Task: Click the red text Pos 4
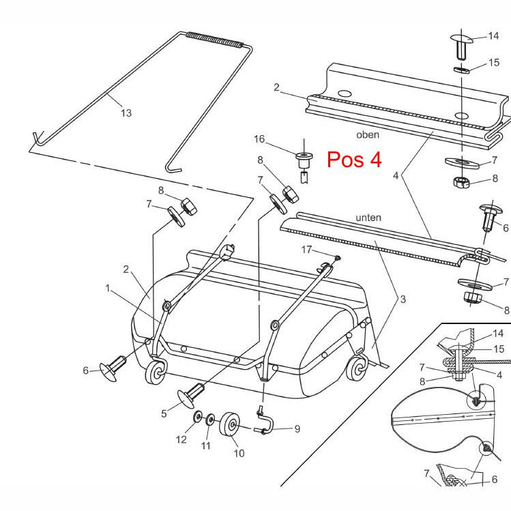tap(354, 159)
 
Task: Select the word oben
tap(367, 135)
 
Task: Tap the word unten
tap(368, 218)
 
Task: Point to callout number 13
tap(126, 113)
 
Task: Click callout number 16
tap(259, 139)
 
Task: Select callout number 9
tap(297, 429)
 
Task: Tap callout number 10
tap(239, 453)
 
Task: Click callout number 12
tap(181, 440)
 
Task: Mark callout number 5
tap(164, 413)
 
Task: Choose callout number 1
tap(108, 289)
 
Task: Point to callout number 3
tap(403, 299)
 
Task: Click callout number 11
tap(206, 446)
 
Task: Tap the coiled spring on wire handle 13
tap(214, 40)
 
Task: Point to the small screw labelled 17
tap(336, 258)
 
